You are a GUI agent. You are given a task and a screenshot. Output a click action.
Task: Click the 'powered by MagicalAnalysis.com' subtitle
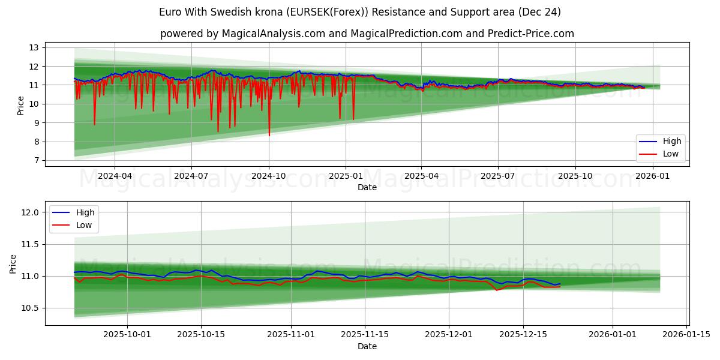[367, 34]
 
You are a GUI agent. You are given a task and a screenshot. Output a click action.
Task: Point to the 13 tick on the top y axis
[34, 47]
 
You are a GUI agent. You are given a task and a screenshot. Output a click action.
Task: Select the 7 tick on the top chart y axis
[36, 160]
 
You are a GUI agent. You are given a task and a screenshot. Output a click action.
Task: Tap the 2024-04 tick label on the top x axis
[114, 176]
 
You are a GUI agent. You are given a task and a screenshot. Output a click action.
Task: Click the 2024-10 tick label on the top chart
[268, 176]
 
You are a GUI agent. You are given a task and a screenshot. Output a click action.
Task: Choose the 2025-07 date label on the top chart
[497, 176]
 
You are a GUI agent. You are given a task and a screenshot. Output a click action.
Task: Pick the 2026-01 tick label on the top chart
[652, 176]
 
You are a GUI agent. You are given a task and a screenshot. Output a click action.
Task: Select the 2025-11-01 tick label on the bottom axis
[290, 335]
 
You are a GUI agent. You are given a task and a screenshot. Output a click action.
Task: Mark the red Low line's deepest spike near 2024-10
[269, 136]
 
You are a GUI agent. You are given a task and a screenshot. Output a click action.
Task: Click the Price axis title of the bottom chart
[13, 263]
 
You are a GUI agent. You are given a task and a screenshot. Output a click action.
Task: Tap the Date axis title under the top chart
[367, 187]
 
